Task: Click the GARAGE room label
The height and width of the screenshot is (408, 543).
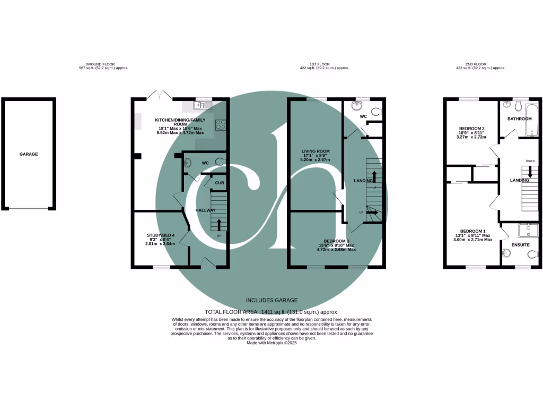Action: point(29,154)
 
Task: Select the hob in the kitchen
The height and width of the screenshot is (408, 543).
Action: point(220,125)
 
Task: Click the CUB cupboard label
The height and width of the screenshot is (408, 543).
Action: point(219,183)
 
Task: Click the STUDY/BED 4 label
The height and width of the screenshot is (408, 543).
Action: point(160,234)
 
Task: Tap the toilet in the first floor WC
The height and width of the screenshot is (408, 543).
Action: point(376,112)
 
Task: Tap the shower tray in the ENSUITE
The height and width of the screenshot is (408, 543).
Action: point(528,230)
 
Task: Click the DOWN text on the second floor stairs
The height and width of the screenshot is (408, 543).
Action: point(529,161)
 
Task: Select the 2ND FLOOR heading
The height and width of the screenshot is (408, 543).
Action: point(467,64)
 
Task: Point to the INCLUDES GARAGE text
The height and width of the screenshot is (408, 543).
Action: point(271,300)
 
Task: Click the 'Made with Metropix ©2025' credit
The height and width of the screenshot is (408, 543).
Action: point(271,343)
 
